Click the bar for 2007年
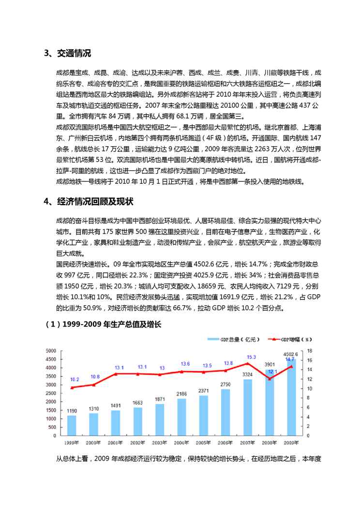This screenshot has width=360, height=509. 247,407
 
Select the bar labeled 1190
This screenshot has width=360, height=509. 72,425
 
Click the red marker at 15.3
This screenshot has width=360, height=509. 247,363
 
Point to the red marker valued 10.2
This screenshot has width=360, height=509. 72,388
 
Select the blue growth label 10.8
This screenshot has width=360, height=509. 95,376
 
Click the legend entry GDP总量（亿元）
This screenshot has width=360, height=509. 230,340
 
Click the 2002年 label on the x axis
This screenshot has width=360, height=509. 138,442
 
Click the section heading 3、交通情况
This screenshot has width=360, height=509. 67,54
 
